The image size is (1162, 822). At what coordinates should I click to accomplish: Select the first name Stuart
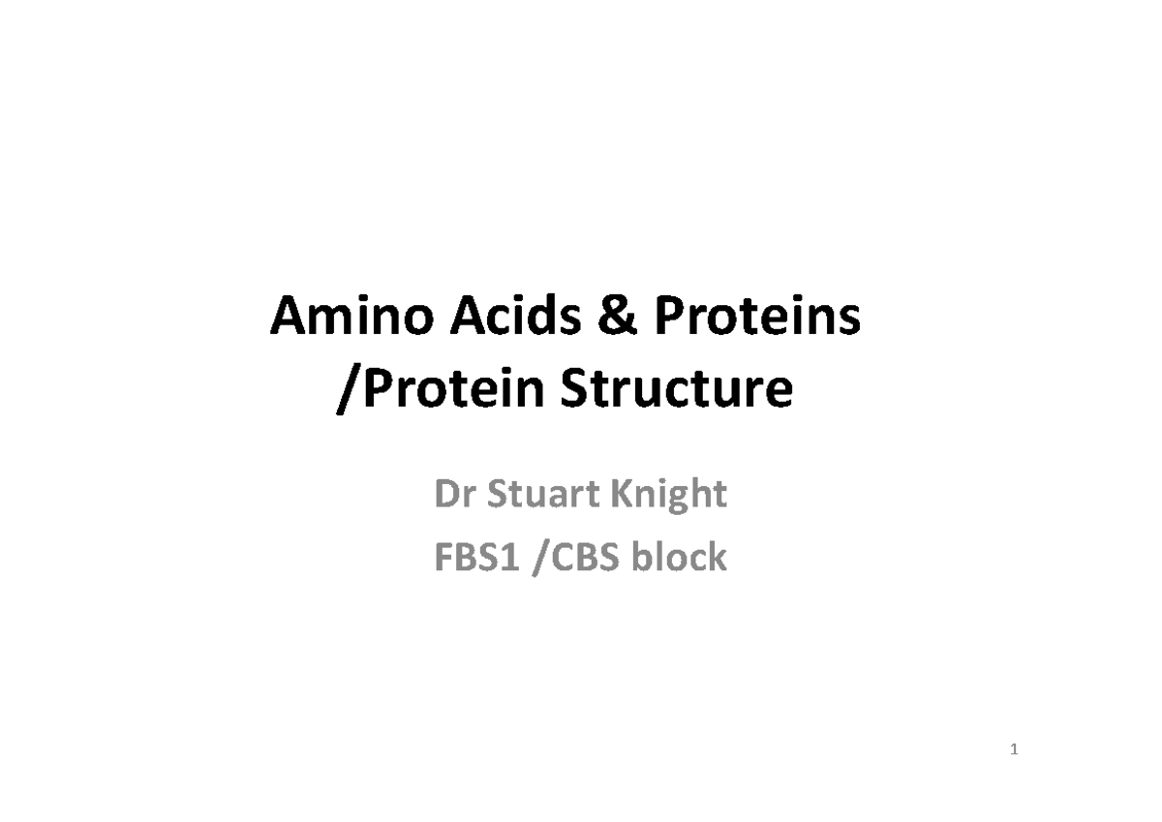[x=543, y=495]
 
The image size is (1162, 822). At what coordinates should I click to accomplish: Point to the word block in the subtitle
[x=679, y=559]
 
